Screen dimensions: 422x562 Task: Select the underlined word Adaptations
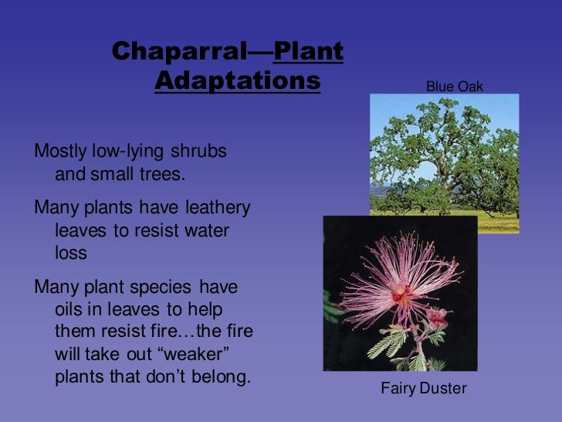pyautogui.click(x=237, y=80)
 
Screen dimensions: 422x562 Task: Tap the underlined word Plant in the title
pyautogui.click(x=308, y=52)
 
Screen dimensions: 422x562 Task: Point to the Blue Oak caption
pyautogui.click(x=454, y=87)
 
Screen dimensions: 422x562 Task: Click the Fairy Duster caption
pyautogui.click(x=423, y=388)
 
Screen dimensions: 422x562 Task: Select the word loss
pyautogui.click(x=70, y=253)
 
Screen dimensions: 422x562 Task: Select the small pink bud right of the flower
pyautogui.click(x=437, y=316)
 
